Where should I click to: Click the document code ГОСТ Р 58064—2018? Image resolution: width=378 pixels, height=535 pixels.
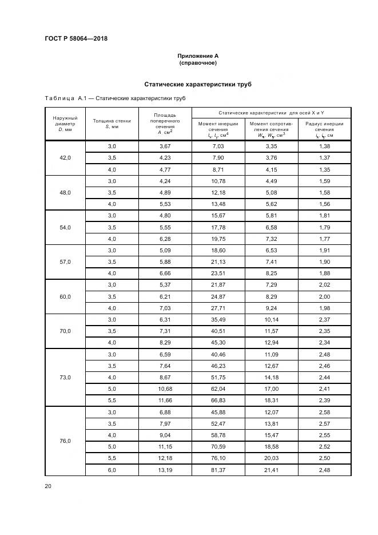76,39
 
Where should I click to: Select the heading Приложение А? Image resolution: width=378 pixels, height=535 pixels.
198,56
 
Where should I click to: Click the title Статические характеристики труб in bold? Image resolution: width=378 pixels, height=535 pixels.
198,85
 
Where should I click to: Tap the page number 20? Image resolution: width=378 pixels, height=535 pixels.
48,486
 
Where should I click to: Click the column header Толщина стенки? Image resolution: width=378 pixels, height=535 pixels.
112,124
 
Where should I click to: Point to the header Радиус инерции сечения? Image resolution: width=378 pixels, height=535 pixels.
324,129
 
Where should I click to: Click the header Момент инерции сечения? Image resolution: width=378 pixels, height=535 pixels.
218,129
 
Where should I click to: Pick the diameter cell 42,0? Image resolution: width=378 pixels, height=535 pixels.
65,158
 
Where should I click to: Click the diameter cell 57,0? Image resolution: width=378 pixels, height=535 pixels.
65,261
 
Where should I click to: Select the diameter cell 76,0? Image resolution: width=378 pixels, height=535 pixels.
65,441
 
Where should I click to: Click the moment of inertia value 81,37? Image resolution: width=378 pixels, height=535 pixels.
218,470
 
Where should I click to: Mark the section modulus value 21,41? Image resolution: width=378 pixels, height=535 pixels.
271,470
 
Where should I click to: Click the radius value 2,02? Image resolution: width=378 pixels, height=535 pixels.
324,285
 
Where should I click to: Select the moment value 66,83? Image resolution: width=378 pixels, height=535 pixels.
218,401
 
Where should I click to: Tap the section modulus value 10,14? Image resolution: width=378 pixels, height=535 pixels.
271,320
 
